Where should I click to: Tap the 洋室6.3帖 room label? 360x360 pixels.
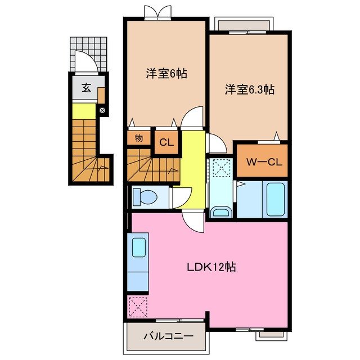[250, 89]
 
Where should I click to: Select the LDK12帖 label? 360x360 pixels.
[211, 268]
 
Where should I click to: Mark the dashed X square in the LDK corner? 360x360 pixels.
[138, 307]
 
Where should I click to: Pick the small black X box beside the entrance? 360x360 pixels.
[102, 110]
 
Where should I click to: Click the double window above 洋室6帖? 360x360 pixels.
[157, 12]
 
